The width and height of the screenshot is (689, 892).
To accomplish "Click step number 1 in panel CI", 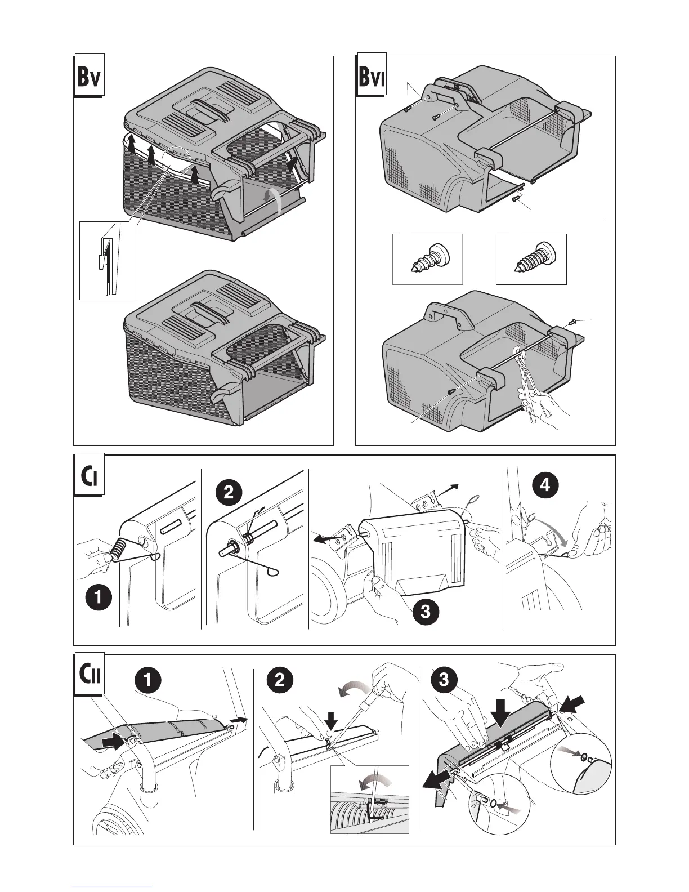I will point(99,598).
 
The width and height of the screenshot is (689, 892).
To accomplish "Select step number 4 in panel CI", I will point(545,485).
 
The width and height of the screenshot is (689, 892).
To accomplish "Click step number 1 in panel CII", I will point(146,680).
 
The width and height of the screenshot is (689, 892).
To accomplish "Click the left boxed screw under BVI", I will point(427,259).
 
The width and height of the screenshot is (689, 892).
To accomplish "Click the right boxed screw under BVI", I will point(531,259).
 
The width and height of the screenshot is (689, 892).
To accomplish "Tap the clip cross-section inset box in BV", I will point(108,260).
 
